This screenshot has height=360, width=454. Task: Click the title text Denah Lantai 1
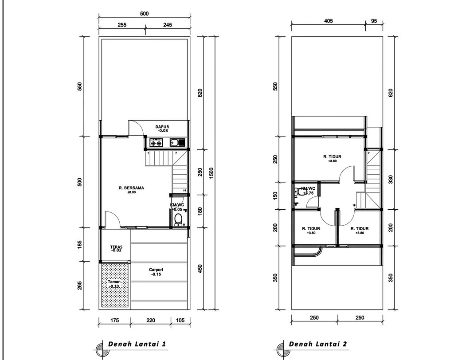137,344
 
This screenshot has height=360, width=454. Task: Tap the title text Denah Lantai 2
318,344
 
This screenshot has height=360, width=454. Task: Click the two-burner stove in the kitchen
156,143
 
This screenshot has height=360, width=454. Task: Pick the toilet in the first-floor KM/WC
178,219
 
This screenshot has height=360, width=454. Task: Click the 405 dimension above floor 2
329,21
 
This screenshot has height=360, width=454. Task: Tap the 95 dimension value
373,21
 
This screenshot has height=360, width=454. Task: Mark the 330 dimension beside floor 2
391,179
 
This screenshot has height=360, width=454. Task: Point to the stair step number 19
354,205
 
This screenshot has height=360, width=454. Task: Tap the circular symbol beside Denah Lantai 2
280,347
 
